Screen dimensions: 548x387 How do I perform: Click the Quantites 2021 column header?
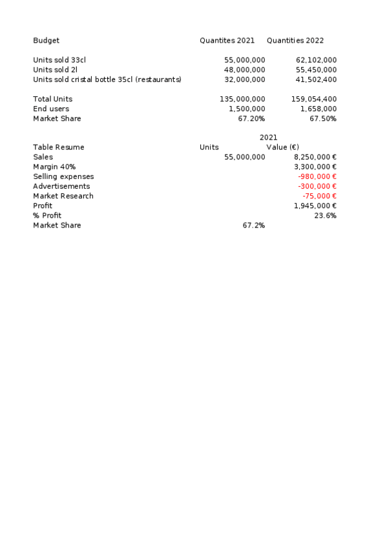coord(227,41)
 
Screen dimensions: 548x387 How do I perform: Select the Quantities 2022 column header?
coord(295,41)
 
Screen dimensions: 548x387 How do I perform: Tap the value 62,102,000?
coord(316,60)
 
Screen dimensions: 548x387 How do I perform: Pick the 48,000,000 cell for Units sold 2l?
coord(244,70)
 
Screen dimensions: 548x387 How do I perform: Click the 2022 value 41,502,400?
coord(316,79)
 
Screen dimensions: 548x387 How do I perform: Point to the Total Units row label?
coord(52,99)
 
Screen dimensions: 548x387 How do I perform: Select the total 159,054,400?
coord(314,99)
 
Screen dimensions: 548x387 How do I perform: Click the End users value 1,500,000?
coord(247,109)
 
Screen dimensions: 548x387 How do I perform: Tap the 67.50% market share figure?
coord(323,118)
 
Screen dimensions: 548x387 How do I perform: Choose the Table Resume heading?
coord(59,147)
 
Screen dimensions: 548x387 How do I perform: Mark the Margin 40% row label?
coord(54,167)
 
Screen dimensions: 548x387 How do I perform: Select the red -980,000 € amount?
coord(317,176)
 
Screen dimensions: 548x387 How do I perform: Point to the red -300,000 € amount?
coord(317,186)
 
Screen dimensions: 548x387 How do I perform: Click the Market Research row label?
coord(63,196)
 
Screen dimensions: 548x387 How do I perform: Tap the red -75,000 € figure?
coord(319,196)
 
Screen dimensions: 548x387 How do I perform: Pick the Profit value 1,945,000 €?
coord(315,205)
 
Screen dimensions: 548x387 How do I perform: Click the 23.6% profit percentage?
coord(325,215)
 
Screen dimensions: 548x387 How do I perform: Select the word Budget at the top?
coord(46,41)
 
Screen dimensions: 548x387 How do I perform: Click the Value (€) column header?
coord(282,147)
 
